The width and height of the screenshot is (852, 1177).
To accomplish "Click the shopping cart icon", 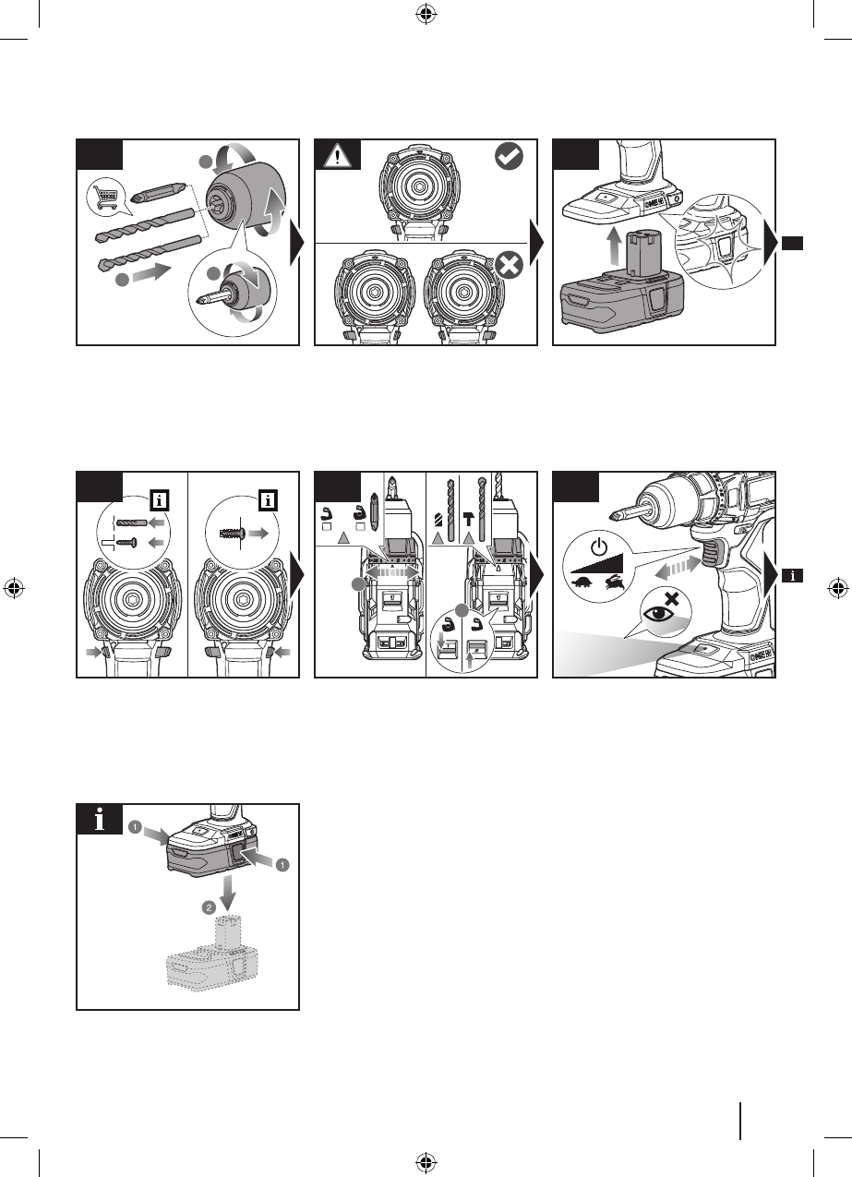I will coord(104,197).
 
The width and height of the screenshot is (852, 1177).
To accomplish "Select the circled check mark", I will coord(509,157).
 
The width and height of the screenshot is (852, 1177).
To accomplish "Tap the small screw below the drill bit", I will coord(132,543).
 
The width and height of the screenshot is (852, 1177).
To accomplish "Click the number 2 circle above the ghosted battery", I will coord(210,908).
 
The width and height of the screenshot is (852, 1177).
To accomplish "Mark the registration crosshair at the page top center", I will coord(426,13).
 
